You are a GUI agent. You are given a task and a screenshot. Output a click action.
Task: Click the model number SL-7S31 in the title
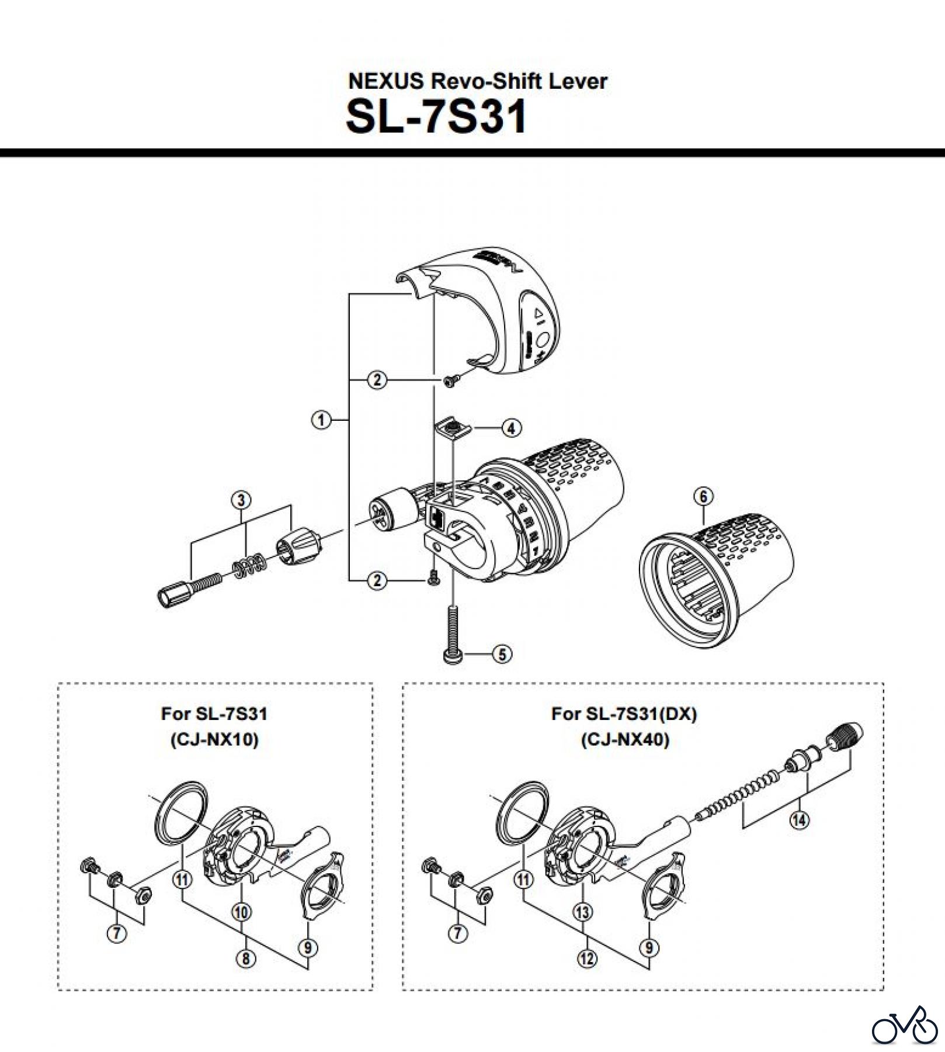click(436, 116)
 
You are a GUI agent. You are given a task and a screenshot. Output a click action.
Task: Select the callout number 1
click(321, 420)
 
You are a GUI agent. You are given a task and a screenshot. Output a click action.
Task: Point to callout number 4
click(511, 428)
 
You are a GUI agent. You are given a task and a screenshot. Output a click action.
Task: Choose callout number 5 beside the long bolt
click(502, 654)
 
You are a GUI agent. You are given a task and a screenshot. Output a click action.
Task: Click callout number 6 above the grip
click(703, 497)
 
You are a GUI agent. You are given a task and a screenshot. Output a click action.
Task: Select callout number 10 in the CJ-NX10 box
click(241, 912)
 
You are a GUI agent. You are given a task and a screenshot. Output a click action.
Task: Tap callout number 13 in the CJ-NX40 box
click(583, 912)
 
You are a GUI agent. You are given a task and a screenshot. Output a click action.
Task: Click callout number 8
click(245, 958)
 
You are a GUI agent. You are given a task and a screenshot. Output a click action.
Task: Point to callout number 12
click(587, 958)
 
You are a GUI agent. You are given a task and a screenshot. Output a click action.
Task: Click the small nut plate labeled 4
click(449, 430)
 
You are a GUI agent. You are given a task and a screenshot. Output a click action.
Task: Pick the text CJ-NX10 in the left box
click(214, 740)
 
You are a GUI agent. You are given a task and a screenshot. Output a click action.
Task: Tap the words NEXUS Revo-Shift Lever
click(477, 81)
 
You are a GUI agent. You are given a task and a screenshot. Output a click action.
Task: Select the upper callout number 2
click(377, 380)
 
